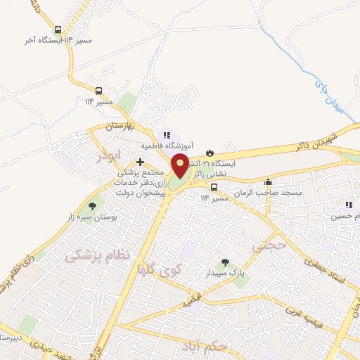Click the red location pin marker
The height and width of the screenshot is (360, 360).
180,165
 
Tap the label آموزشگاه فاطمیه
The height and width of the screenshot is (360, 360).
166,146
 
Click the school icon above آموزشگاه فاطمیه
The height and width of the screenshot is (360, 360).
167,134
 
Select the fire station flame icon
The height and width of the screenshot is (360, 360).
210,152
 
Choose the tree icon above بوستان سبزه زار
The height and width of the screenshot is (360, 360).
91,206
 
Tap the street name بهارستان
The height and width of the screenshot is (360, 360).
119,127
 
